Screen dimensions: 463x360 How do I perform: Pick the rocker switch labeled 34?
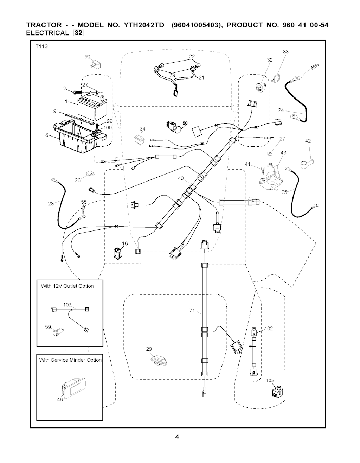click(140, 139)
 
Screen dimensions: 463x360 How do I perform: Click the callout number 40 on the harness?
click(181, 178)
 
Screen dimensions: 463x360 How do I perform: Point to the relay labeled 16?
click(117, 254)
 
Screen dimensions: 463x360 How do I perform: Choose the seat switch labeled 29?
click(157, 361)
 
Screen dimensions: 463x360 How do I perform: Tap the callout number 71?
click(192, 310)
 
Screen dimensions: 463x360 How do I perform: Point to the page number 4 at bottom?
click(177, 437)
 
